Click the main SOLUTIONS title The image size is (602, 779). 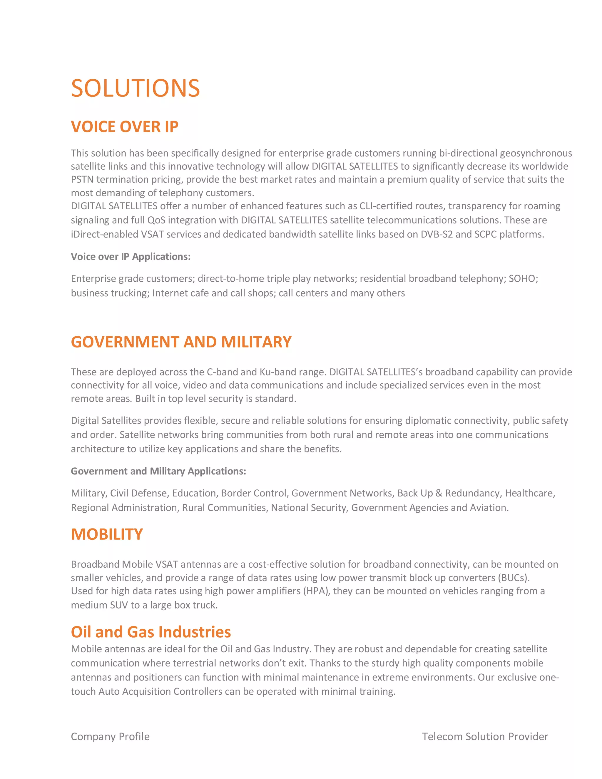(135, 88)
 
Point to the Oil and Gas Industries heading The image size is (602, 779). (151, 632)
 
